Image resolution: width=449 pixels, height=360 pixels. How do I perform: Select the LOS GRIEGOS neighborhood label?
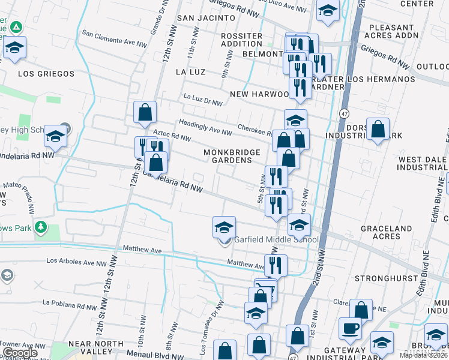46,74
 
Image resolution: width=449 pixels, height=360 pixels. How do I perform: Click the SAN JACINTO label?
206,18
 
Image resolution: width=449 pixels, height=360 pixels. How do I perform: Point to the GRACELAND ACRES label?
386,233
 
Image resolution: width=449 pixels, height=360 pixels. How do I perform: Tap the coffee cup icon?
350,329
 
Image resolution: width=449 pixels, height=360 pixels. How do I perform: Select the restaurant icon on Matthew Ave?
276,265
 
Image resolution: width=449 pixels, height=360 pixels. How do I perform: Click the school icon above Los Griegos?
14,49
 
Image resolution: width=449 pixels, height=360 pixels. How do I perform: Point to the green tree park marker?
40,227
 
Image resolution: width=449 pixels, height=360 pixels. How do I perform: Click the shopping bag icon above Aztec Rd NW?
145,112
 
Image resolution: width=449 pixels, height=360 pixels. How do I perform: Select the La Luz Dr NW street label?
203,99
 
